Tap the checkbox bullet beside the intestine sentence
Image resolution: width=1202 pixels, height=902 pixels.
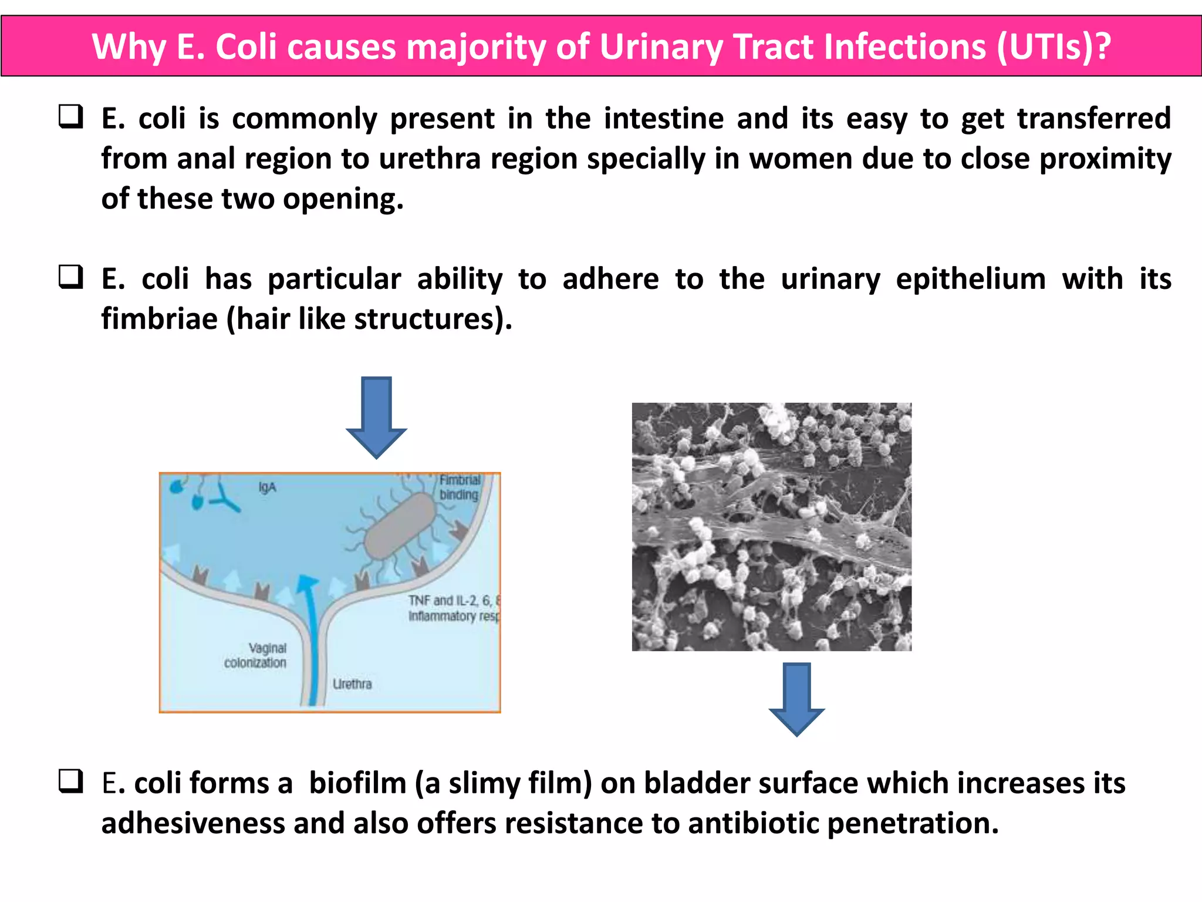71,116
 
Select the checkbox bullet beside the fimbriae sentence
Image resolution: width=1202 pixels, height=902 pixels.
71,277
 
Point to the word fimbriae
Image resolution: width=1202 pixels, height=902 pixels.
159,319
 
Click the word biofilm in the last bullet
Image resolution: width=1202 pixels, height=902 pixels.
357,783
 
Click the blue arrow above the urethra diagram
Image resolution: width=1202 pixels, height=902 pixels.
376,417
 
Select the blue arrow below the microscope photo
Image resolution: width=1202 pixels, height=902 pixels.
796,699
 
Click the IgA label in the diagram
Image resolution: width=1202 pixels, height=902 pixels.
267,487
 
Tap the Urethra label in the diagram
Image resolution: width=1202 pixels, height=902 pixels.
352,684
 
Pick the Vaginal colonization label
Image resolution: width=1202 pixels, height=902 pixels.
256,655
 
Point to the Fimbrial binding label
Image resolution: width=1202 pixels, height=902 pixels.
460,487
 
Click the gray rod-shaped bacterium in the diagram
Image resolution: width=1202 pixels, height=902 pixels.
399,526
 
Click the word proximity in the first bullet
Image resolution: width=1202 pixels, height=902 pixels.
1105,159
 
